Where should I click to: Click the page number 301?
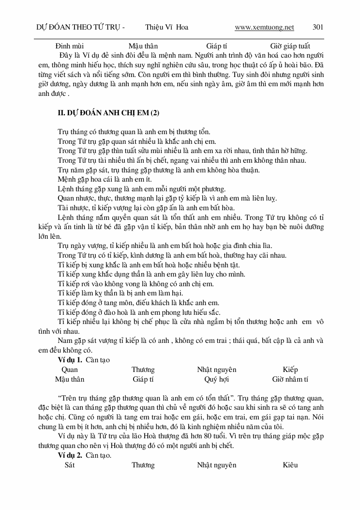(318, 27)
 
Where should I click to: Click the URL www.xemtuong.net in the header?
(264, 27)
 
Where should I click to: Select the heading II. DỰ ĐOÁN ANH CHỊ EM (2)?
(108, 113)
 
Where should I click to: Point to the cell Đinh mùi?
(70, 46)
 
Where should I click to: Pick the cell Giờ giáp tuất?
(290, 46)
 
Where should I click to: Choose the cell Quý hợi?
(216, 379)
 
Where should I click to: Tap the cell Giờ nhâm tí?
(290, 379)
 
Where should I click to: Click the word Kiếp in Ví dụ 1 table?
(290, 370)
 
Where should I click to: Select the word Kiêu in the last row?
(290, 465)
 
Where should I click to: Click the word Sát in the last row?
(70, 465)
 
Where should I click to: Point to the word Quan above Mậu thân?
(70, 370)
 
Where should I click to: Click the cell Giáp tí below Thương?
(143, 379)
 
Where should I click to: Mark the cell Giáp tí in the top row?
(216, 46)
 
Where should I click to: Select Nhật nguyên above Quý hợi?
(216, 370)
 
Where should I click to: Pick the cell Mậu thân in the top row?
(143, 46)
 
